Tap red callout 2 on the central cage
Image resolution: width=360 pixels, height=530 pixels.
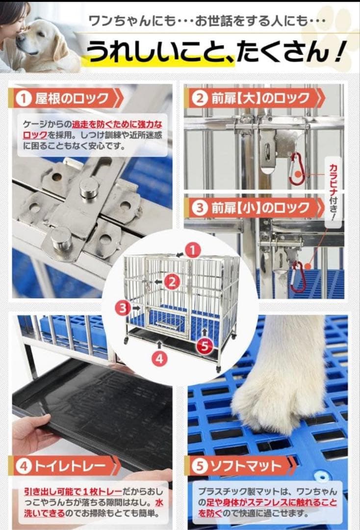[172, 281]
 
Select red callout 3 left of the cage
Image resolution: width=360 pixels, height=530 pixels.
[123, 308]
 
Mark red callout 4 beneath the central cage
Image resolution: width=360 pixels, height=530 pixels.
[158, 358]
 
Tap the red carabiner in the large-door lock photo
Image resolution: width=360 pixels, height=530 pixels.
[296, 169]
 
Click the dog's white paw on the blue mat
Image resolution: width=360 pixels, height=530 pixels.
[275, 388]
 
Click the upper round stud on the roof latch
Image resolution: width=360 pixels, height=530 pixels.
[89, 187]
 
